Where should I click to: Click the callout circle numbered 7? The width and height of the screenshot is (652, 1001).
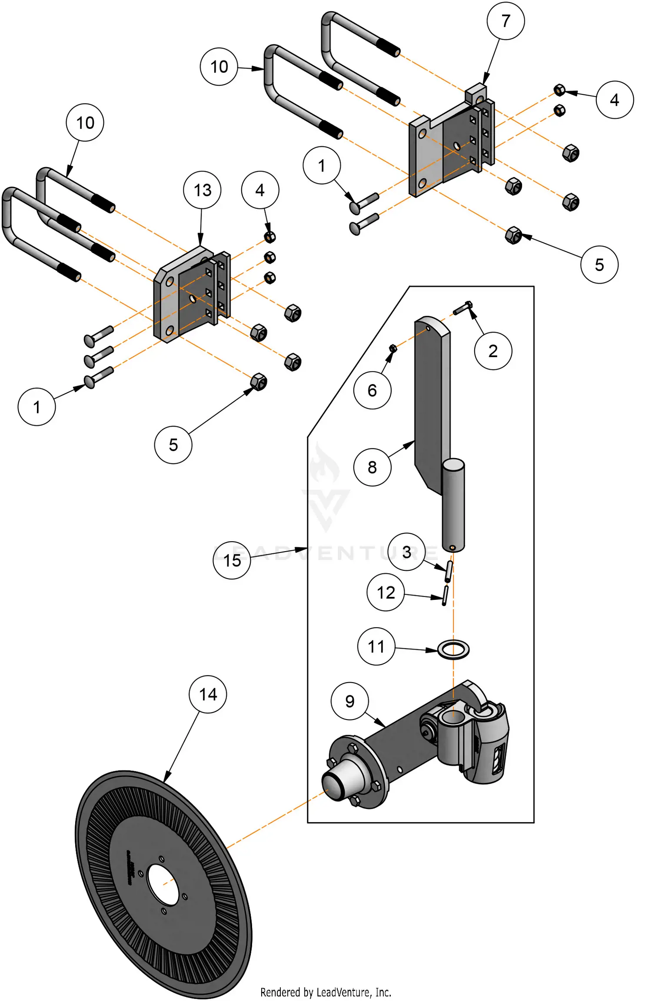point(506,21)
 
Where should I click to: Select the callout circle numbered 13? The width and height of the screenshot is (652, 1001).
point(203,190)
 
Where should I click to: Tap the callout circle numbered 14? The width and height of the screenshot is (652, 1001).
point(208,694)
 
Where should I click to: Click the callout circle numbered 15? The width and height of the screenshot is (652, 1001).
point(232,560)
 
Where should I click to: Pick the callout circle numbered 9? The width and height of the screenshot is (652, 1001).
point(350,701)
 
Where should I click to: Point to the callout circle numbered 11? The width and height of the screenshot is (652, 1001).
point(376,646)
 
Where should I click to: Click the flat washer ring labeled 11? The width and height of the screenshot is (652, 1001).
point(453,650)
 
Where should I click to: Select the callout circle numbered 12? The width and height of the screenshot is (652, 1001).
point(386,593)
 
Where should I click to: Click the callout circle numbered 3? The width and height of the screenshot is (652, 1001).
point(406,552)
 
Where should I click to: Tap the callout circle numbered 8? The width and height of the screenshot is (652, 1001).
point(373,467)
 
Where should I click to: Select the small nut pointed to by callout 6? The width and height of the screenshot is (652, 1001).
point(393,348)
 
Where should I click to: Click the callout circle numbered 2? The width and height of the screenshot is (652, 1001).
point(493,351)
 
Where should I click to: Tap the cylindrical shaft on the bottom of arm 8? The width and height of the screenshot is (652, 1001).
point(453,505)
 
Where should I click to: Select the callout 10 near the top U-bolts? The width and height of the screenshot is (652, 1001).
point(219,67)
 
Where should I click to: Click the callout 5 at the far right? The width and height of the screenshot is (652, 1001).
point(599,265)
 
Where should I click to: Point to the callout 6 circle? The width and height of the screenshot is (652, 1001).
point(373,390)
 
